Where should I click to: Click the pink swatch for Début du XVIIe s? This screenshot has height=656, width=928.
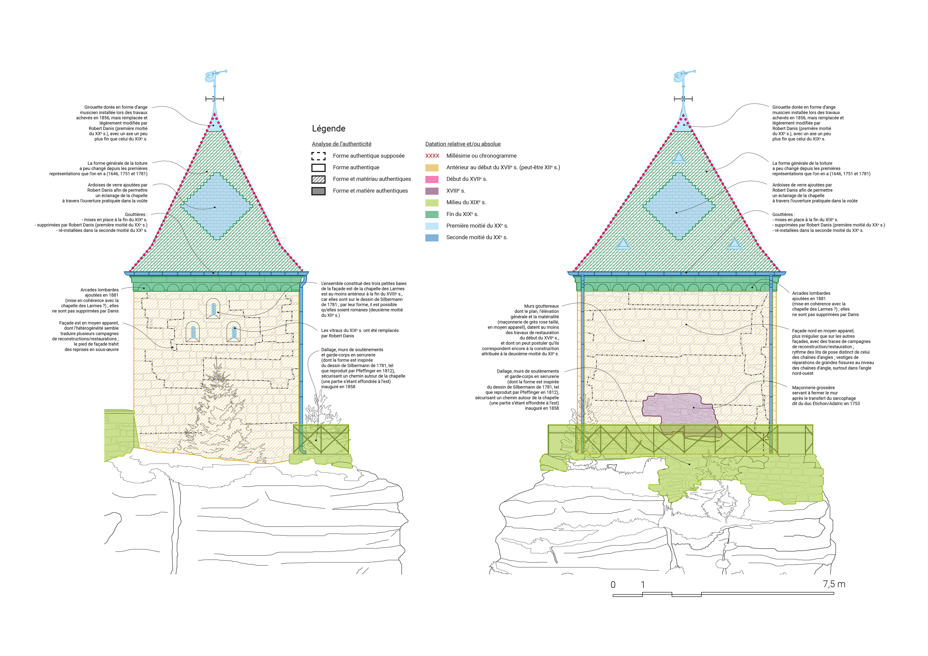coord(432,179)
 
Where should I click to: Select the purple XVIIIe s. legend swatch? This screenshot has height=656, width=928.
coord(432,191)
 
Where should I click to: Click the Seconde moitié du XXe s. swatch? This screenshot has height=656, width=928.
coord(432,238)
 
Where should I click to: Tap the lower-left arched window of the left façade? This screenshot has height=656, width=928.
coord(193,332)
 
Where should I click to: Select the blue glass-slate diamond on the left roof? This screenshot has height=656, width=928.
coord(217,206)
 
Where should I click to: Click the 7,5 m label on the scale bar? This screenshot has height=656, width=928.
coord(834,584)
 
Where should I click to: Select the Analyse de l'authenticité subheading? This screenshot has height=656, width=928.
coord(341,144)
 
